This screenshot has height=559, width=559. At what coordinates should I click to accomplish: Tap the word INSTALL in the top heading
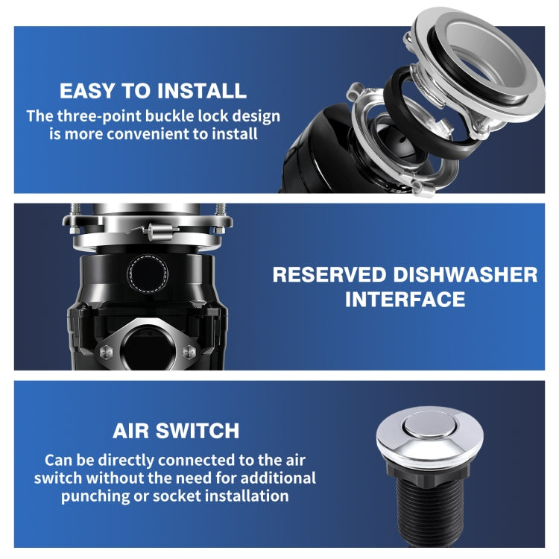pyautogui.click(x=202, y=91)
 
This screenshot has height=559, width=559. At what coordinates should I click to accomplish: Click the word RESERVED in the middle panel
pyautogui.click(x=329, y=275)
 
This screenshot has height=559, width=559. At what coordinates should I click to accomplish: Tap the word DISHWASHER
pyautogui.click(x=465, y=275)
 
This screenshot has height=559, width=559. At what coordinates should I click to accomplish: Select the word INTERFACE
pyautogui.click(x=405, y=299)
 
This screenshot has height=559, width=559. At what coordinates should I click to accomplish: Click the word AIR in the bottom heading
pyautogui.click(x=130, y=431)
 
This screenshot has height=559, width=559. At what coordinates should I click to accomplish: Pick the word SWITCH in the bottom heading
pyautogui.click(x=198, y=431)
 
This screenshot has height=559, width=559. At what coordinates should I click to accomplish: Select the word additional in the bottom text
pyautogui.click(x=278, y=478)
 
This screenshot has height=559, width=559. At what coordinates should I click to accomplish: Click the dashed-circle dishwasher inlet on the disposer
pyautogui.click(x=148, y=274)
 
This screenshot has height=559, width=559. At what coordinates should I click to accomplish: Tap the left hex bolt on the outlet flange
pyautogui.click(x=107, y=353)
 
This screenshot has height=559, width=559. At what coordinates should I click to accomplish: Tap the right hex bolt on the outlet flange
pyautogui.click(x=189, y=352)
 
